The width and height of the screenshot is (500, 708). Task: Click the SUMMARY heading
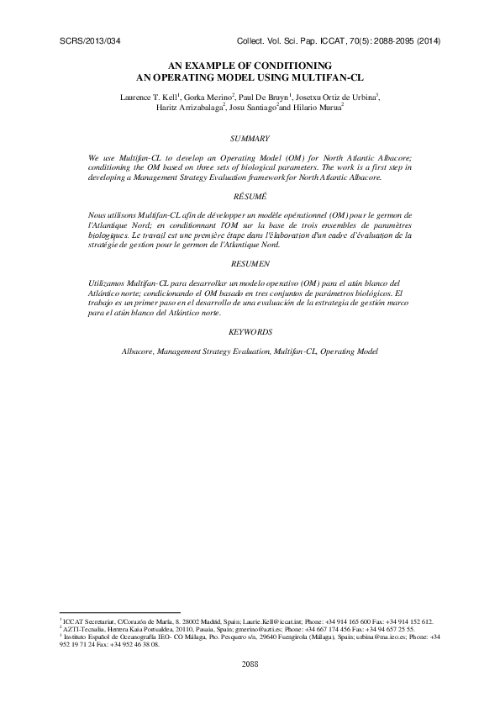tap(250, 137)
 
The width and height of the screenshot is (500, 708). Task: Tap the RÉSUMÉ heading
tap(250, 195)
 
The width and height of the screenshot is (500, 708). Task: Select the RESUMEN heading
tap(250, 263)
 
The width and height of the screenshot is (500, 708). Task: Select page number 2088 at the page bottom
tap(250, 663)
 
